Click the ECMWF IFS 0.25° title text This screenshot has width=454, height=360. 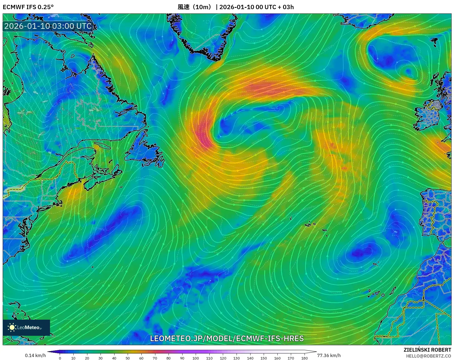click(x=28, y=7)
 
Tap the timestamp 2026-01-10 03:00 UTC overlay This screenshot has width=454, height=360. click(x=48, y=26)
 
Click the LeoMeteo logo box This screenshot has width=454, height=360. click(x=26, y=327)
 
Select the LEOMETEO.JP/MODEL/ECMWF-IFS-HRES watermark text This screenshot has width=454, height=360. click(x=227, y=338)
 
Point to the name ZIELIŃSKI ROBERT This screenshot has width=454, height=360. click(x=427, y=350)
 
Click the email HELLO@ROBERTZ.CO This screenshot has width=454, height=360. click(x=428, y=356)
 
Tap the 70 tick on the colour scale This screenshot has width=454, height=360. click(x=155, y=358)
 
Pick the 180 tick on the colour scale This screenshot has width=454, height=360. click(x=304, y=358)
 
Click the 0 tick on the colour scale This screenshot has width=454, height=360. click(x=60, y=358)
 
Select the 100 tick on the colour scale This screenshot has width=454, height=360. click(x=196, y=358)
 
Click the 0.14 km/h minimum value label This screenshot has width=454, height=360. click(x=35, y=355)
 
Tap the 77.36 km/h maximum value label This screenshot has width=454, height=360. click(x=329, y=355)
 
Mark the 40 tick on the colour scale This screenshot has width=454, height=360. click(x=114, y=358)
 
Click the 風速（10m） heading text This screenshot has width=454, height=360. click(x=195, y=7)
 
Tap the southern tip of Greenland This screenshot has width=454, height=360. click(x=215, y=58)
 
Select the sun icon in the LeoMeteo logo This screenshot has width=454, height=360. click(x=12, y=327)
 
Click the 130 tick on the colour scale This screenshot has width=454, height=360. click(x=237, y=358)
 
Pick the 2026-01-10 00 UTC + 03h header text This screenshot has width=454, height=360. click(x=256, y=7)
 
